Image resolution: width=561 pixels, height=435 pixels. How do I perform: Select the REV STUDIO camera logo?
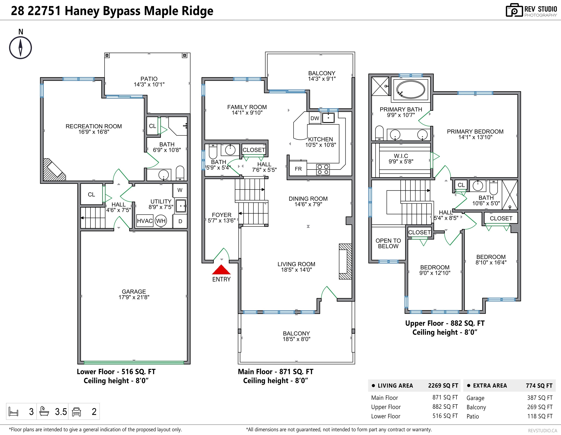[x=514, y=10]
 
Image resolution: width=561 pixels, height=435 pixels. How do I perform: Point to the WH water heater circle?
[x=161, y=221]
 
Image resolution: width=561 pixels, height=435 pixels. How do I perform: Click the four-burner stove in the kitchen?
[x=323, y=170]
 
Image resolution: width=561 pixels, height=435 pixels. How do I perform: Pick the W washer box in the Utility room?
[x=180, y=190]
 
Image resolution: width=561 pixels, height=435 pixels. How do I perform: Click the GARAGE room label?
[x=134, y=292]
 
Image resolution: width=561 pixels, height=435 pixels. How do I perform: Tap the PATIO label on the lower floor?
[x=149, y=79]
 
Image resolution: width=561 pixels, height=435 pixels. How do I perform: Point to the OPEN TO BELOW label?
[x=388, y=243]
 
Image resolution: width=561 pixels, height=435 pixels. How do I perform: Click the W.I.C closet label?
[x=401, y=156]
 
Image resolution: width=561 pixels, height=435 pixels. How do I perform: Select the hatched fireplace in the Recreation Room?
[x=54, y=170]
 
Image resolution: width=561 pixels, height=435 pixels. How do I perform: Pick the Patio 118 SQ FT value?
[x=540, y=416]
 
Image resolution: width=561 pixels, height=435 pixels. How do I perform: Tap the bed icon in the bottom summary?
[x=13, y=411]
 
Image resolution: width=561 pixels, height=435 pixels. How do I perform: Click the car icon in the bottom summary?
[x=77, y=412]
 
